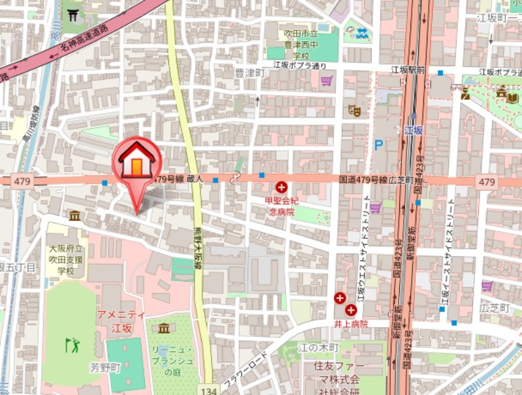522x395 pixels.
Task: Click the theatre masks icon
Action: [x=354, y=110]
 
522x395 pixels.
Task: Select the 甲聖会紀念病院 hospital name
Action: [x=281, y=206]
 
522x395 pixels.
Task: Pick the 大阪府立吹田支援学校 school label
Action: [x=67, y=259]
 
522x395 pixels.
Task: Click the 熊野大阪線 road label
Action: [x=196, y=251]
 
